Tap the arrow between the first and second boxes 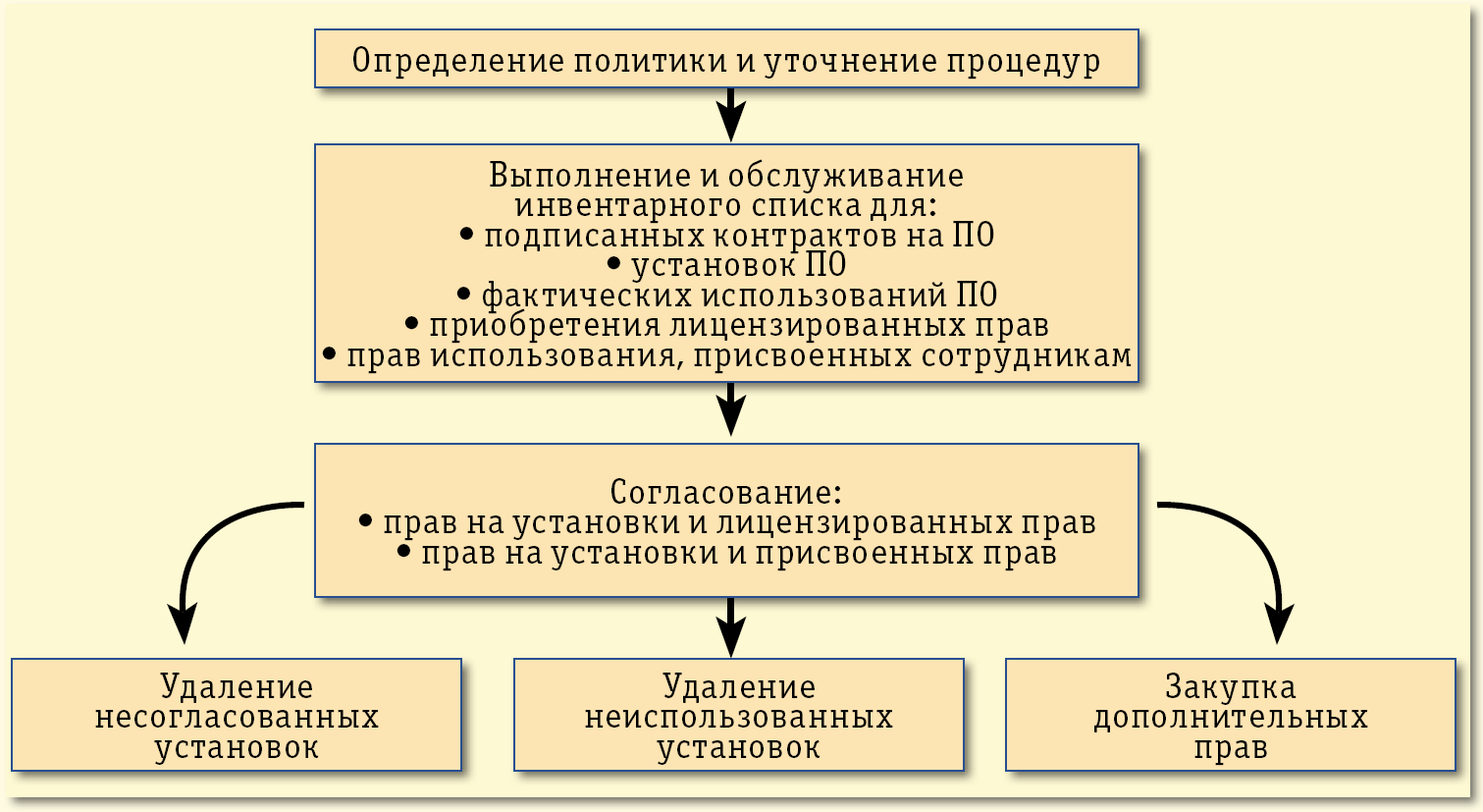click(730, 116)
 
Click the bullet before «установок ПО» click(614, 265)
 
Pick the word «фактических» click(568, 296)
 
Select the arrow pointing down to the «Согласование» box click(730, 410)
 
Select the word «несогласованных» click(237, 717)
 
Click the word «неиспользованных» click(739, 717)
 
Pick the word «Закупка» click(1231, 686)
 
